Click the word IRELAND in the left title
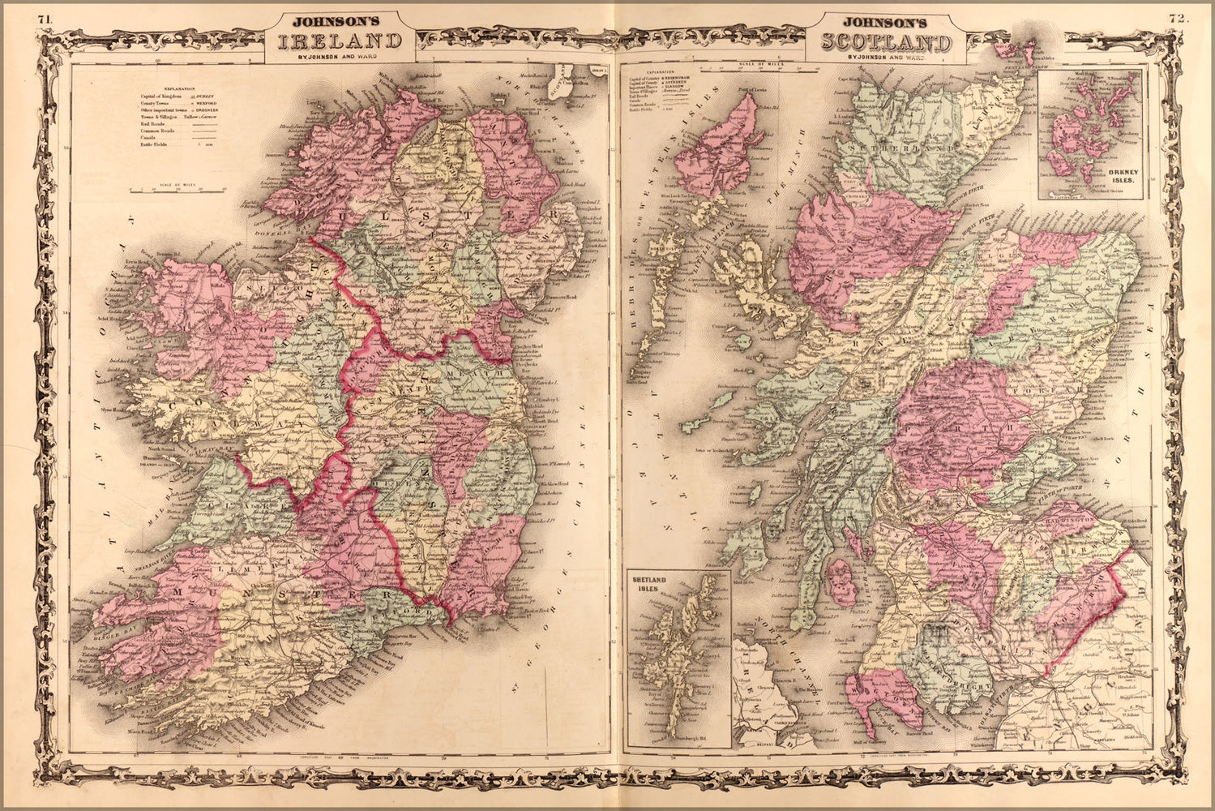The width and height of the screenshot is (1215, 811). tap(340, 42)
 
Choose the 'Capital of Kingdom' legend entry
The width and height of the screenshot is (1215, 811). tap(162, 96)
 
